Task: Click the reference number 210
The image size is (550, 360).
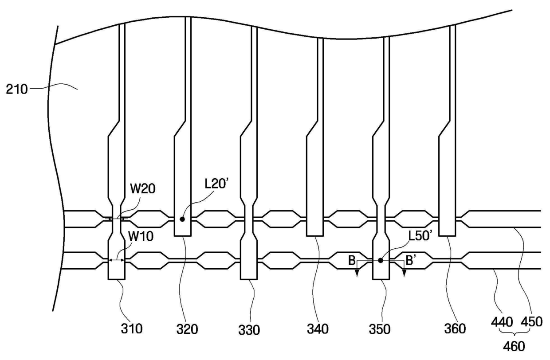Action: pyautogui.click(x=17, y=89)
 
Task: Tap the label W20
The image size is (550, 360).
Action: pyautogui.click(x=143, y=189)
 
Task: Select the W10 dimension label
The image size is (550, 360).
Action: pyautogui.click(x=141, y=236)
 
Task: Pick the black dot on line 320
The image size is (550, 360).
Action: pyautogui.click(x=182, y=219)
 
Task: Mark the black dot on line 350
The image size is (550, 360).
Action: pyautogui.click(x=380, y=260)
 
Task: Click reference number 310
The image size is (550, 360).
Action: pyautogui.click(x=132, y=329)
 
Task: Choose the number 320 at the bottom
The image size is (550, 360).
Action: pyautogui.click(x=187, y=329)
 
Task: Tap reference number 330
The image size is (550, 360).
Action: pyautogui.click(x=249, y=330)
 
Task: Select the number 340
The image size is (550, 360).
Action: pyautogui.click(x=318, y=329)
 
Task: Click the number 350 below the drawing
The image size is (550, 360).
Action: pyautogui.click(x=380, y=329)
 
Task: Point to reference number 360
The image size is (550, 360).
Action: pyautogui.click(x=455, y=329)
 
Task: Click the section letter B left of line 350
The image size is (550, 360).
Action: pyautogui.click(x=352, y=260)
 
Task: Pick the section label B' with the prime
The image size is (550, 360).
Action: pyautogui.click(x=411, y=260)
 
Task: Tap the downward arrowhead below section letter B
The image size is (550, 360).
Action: pyautogui.click(x=357, y=274)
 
